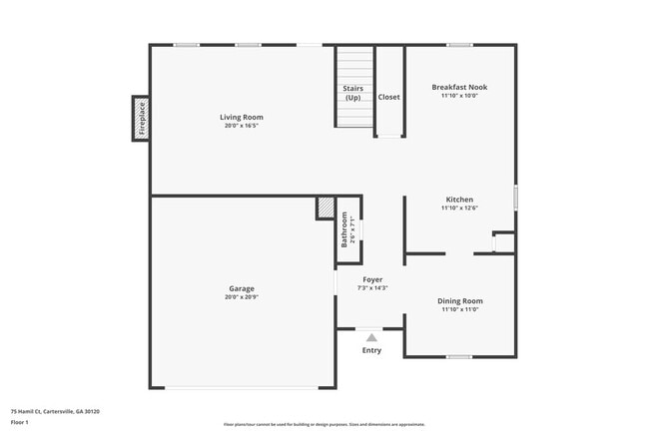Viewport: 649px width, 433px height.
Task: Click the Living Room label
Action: tap(242, 117)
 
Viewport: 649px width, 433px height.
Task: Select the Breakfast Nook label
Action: tap(459, 87)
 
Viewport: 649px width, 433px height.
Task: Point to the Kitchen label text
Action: tap(459, 200)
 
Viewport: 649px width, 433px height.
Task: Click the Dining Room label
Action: tap(459, 300)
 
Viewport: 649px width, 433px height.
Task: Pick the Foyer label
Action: tap(372, 279)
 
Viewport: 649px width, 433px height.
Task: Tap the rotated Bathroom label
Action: tap(344, 230)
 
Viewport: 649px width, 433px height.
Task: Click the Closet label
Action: tap(388, 97)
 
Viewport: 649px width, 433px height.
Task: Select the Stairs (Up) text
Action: tap(352, 93)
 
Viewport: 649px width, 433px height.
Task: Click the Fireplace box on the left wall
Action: tap(141, 119)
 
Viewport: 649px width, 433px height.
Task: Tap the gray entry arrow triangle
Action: tap(371, 338)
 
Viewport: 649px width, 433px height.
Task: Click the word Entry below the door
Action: tap(371, 350)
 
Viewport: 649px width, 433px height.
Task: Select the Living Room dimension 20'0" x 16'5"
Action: tap(242, 126)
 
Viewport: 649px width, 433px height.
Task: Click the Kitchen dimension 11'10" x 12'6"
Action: tap(459, 209)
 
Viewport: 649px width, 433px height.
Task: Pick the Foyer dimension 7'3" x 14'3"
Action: tap(372, 288)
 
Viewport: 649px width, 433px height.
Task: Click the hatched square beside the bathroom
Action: tap(325, 207)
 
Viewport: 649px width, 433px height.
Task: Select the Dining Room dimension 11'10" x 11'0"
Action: tap(459, 309)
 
